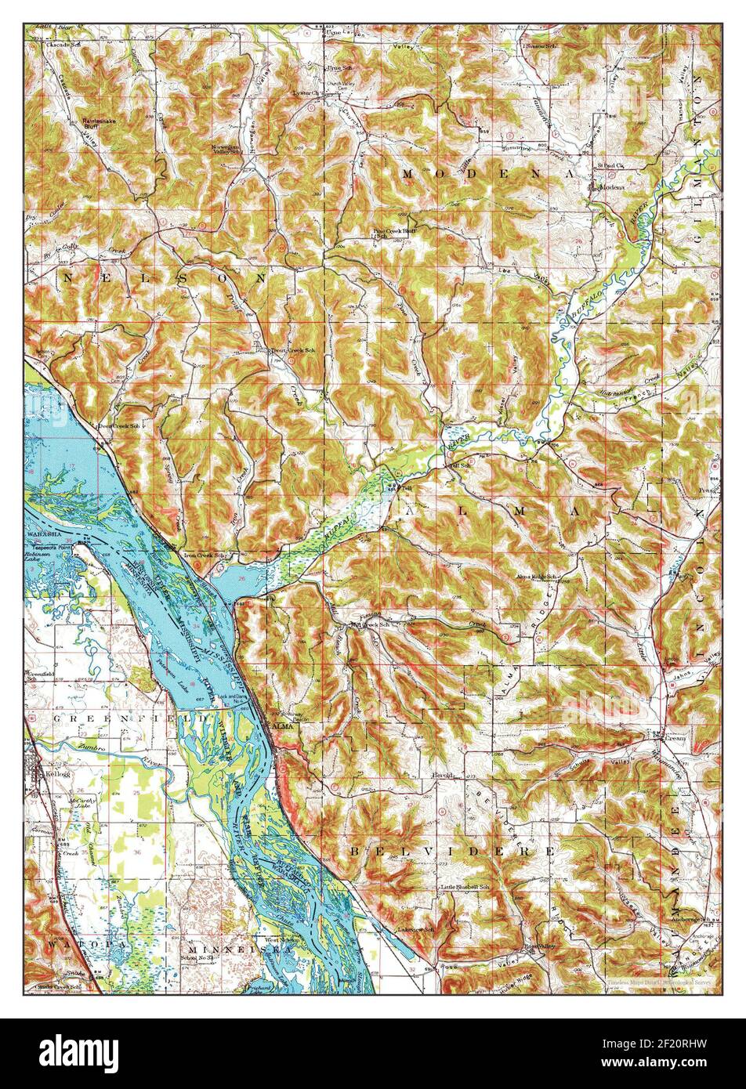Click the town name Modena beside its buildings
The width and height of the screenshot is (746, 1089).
click(612, 188)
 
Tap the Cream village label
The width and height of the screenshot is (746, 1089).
click(675, 738)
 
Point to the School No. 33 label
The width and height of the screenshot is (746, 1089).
click(197, 958)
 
